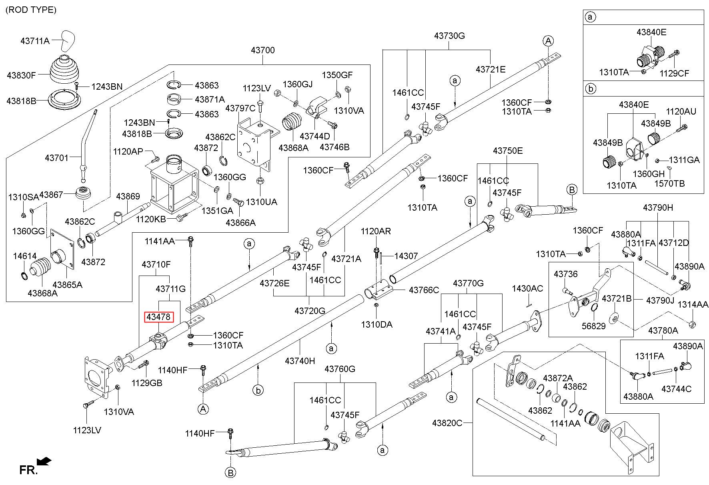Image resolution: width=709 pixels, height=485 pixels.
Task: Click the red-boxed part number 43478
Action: [158, 317]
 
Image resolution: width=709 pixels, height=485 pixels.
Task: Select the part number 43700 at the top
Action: [263, 50]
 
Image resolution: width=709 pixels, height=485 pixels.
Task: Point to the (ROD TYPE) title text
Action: [31, 10]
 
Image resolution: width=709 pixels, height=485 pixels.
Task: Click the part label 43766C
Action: [424, 290]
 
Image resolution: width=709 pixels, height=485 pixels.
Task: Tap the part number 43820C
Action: [447, 423]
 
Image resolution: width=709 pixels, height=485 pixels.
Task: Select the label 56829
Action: [594, 326]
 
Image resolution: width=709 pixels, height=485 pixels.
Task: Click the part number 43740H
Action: [300, 361]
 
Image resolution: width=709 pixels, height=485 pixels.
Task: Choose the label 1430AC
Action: [528, 288]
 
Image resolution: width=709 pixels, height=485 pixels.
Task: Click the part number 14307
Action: [406, 256]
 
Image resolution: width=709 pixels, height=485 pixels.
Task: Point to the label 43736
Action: [566, 274]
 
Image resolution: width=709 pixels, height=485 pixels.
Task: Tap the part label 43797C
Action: [240, 108]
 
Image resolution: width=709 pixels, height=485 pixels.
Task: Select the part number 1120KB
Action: [151, 219]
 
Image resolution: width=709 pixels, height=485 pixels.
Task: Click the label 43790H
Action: [658, 207]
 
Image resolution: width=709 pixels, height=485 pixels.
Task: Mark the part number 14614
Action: [25, 256]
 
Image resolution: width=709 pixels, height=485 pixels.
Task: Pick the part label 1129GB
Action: [147, 383]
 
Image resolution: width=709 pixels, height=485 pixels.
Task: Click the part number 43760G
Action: [340, 368]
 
